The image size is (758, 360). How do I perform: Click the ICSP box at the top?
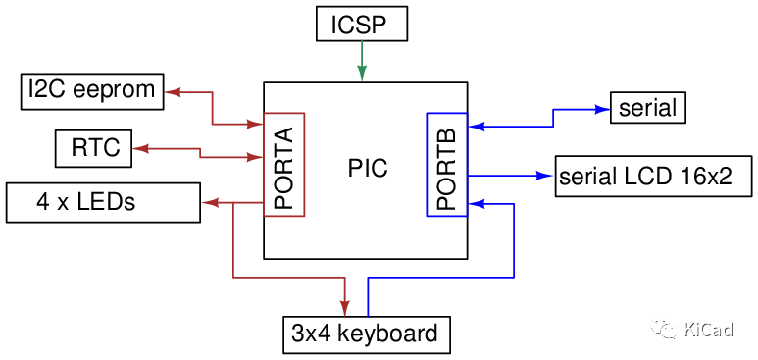point(361,23)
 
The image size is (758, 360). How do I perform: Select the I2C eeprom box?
point(92,91)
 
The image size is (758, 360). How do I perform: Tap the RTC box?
point(94,148)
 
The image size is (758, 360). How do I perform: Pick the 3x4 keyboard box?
point(365,334)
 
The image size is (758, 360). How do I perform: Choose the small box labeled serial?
point(647,107)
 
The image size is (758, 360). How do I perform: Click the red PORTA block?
point(284,164)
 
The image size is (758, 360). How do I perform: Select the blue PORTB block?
point(446,165)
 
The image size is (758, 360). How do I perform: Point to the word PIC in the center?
point(368,169)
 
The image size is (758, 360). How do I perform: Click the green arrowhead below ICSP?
point(362,74)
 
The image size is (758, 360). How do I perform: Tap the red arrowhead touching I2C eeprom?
point(173,91)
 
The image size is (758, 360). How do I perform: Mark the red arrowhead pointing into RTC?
point(140,148)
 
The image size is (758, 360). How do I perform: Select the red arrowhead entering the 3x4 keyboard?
point(345,307)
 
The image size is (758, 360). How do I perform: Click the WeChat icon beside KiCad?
point(665,328)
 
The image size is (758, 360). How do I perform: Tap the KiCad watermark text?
point(708,329)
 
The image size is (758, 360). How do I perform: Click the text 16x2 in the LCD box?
point(706,177)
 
